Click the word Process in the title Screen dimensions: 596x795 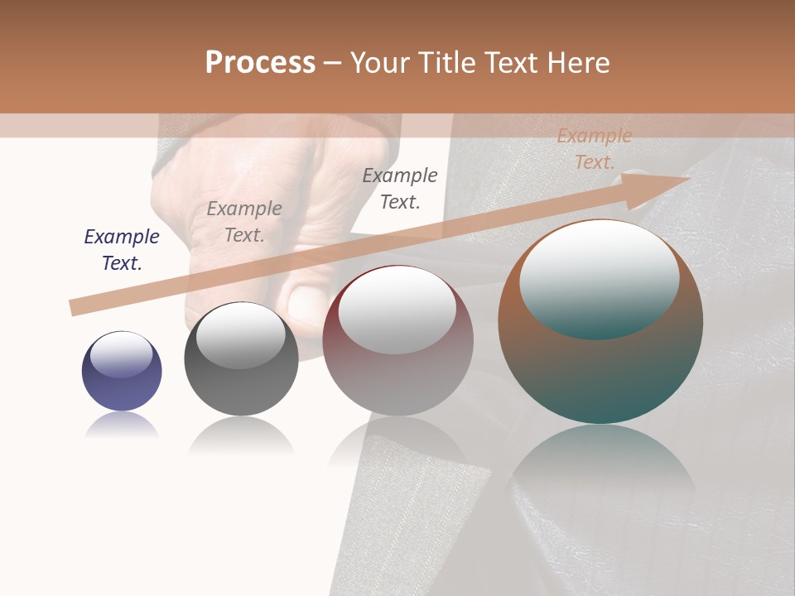point(260,63)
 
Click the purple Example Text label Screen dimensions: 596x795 point(122,250)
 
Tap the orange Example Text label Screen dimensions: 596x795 point(595,149)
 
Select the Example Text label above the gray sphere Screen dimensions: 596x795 point(244,222)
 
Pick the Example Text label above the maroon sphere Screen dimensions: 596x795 point(400,188)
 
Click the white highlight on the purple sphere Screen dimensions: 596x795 point(122,354)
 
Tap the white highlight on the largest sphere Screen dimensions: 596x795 point(600,277)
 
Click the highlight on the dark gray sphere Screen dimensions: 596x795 point(241,335)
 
